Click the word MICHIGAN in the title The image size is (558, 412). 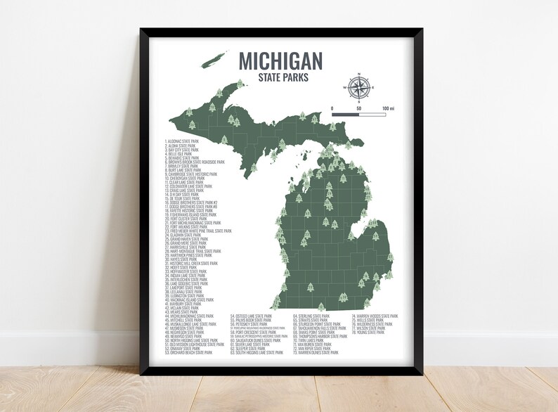[x=280, y=60]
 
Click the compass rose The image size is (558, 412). [x=358, y=86]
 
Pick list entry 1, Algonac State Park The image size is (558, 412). [x=182, y=141]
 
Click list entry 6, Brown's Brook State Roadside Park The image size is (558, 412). [x=195, y=162]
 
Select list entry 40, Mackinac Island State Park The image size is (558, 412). [x=189, y=300]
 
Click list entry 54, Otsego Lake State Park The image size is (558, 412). [x=252, y=316]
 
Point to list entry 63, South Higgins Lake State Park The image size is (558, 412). [x=259, y=352]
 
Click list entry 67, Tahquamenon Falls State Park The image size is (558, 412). [x=320, y=328]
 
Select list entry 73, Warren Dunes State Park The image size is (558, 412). [x=317, y=352]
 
